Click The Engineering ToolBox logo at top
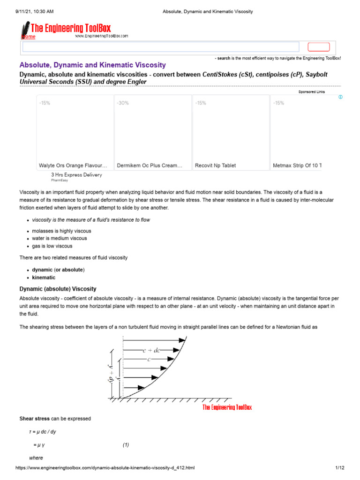tap(70, 29)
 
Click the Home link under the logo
tap(28, 37)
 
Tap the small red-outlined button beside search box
tap(318, 47)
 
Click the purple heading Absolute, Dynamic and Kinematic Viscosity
tap(92, 65)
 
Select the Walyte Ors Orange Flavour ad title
tap(73, 165)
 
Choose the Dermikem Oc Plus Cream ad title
tap(150, 165)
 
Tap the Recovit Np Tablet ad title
tap(215, 165)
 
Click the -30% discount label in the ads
tap(123, 103)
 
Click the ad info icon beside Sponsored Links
tap(340, 97)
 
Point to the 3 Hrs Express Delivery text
tap(76, 175)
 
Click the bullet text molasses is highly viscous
tap(61, 231)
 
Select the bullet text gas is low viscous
tap(52, 246)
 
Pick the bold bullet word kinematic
tap(44, 277)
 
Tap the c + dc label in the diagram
tap(151, 350)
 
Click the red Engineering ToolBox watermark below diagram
tap(227, 407)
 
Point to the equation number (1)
tap(126, 445)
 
